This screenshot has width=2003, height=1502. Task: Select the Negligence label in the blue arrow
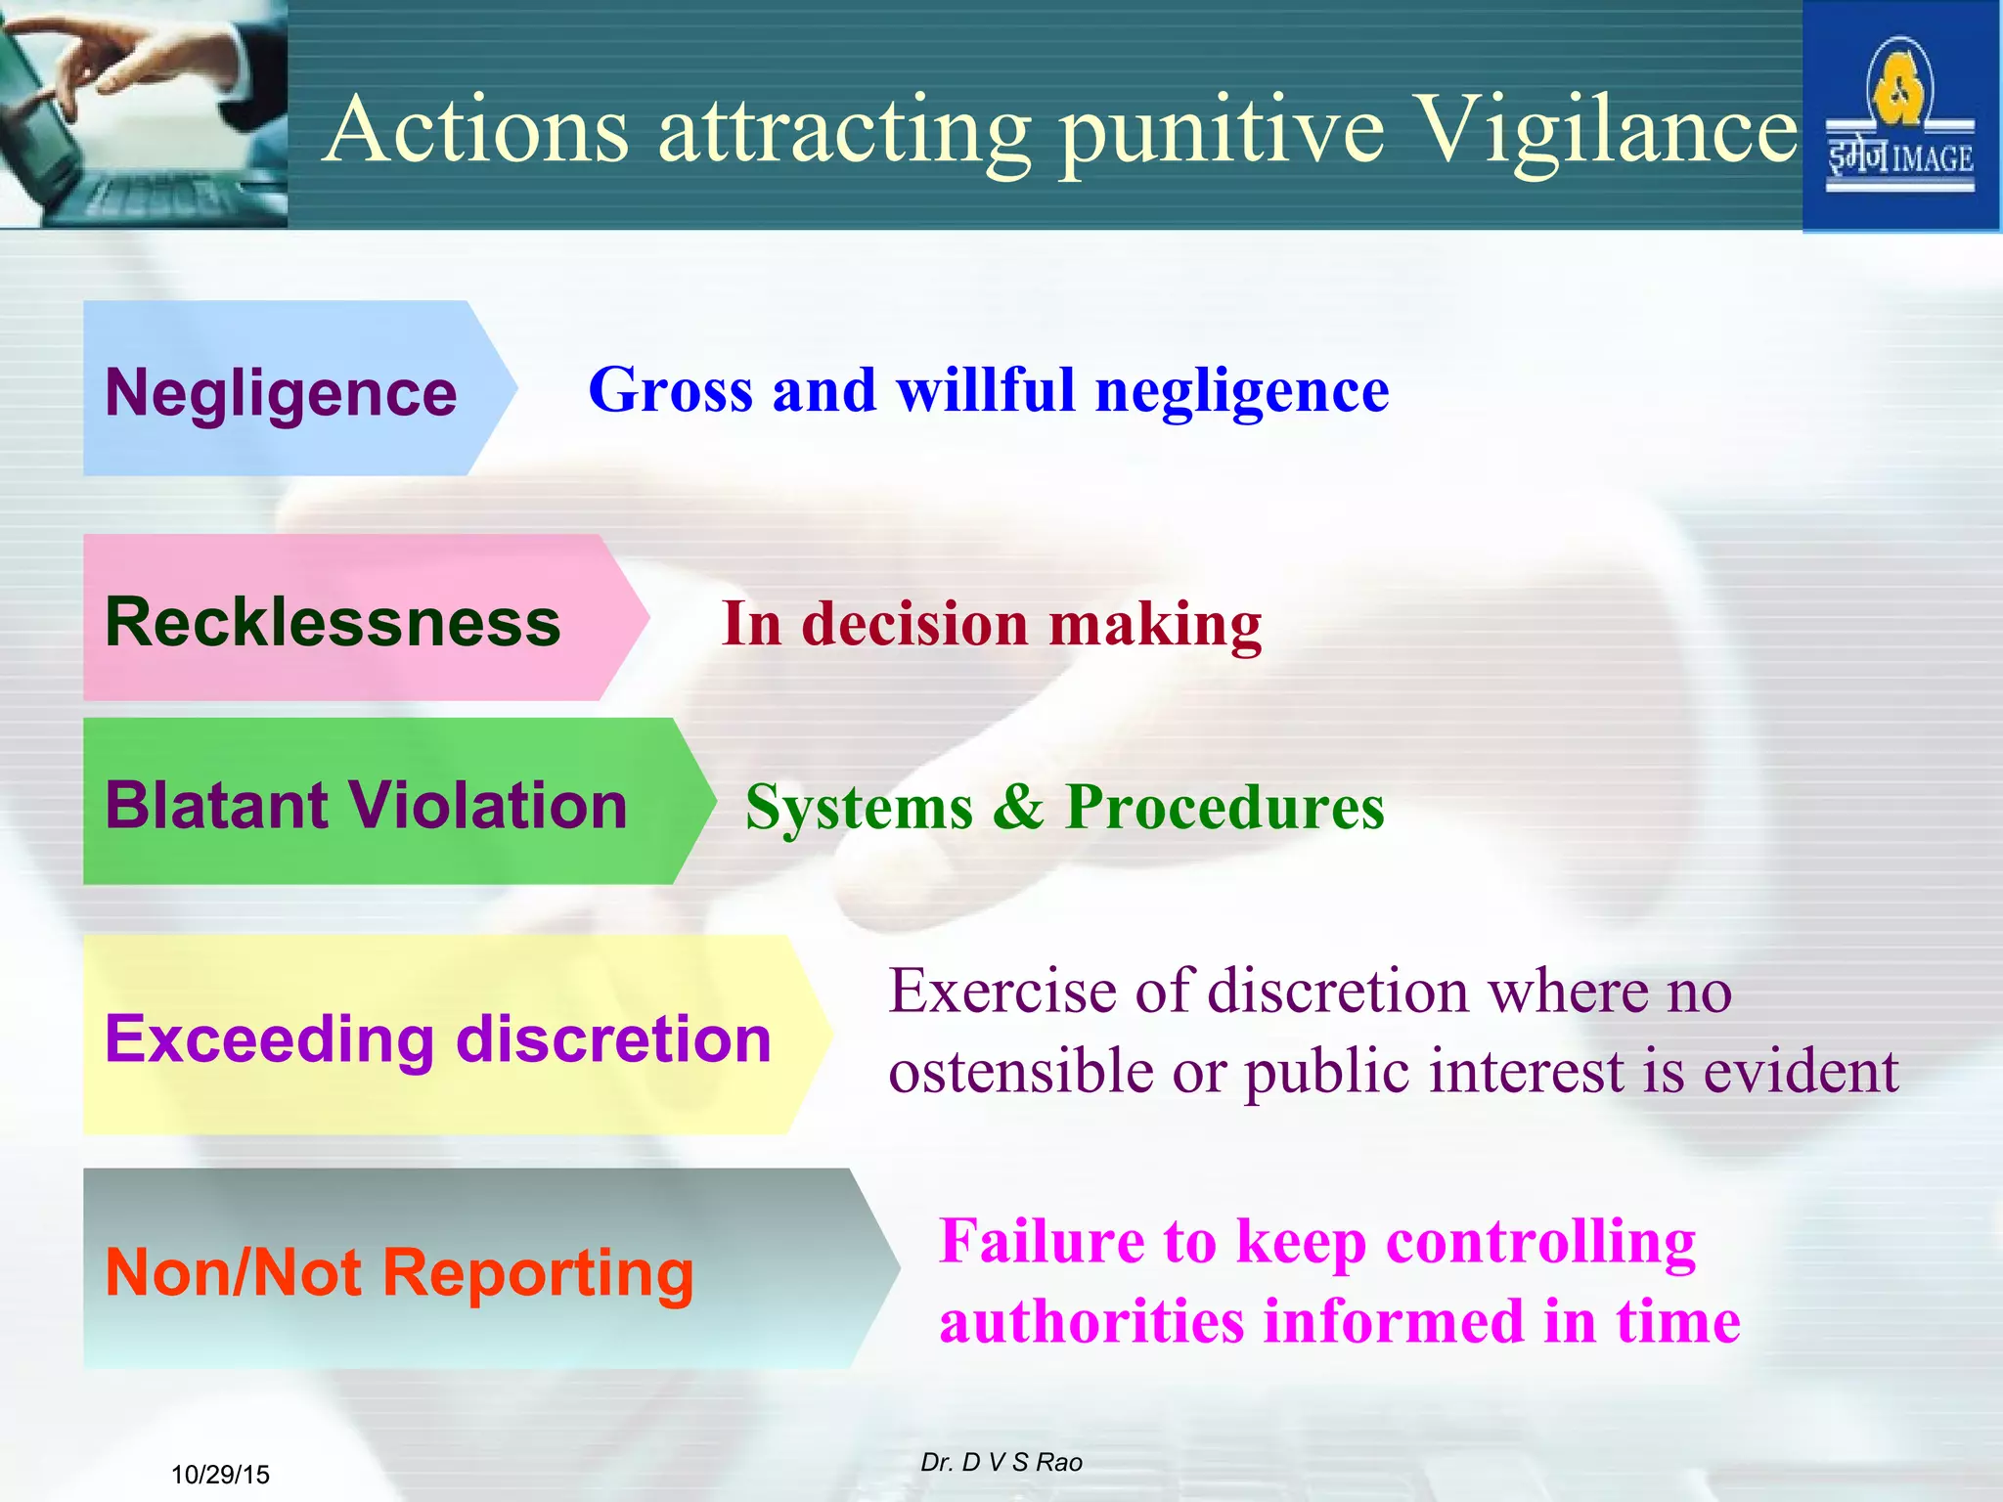[281, 393]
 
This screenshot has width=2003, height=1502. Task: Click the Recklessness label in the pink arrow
[333, 622]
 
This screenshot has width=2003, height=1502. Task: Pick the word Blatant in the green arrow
[216, 806]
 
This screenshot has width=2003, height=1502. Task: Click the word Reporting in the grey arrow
[538, 1273]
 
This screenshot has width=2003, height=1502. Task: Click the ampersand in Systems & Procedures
[1018, 808]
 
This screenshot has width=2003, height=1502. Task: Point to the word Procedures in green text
[1224, 808]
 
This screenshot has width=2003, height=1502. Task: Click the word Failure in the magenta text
[1042, 1242]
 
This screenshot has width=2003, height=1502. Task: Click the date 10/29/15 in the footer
[220, 1475]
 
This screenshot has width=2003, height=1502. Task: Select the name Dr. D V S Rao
[1001, 1462]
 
